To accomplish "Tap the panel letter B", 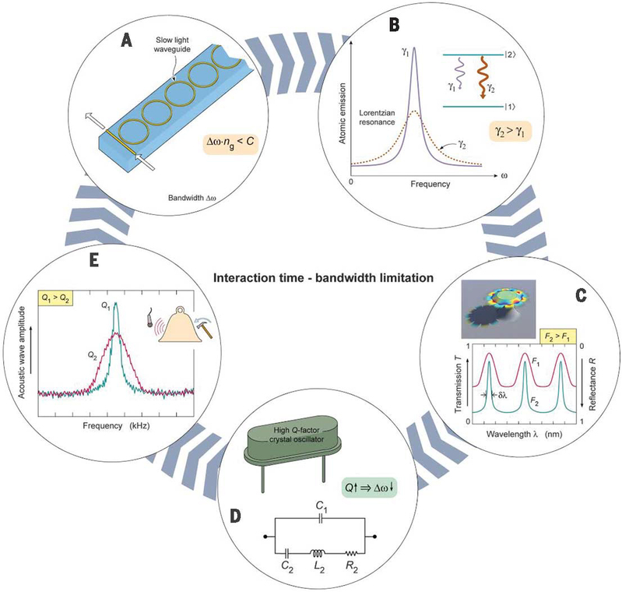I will coord(395,24).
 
